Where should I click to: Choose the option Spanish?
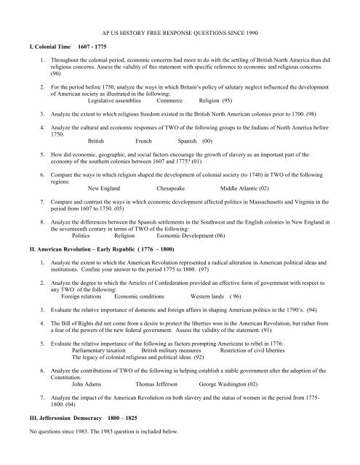[190, 141]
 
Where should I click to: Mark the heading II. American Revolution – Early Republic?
[95, 249]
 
